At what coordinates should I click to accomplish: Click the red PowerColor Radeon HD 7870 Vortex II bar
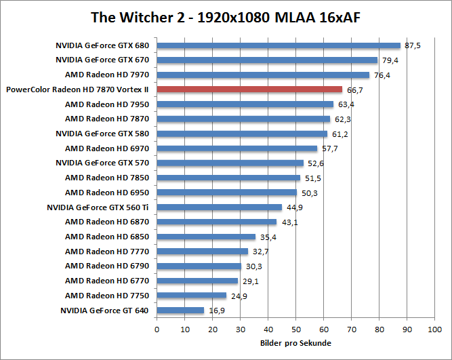(x=249, y=89)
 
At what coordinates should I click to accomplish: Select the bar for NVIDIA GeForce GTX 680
(x=279, y=46)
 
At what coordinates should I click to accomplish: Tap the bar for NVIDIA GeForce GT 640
(x=180, y=311)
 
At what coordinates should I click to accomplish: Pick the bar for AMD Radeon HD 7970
(x=263, y=75)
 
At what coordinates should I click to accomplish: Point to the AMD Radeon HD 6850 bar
(x=206, y=237)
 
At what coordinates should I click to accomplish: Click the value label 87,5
(x=412, y=46)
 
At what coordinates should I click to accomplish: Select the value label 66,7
(x=354, y=89)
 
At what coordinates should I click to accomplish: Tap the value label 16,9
(x=216, y=311)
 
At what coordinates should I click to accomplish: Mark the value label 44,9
(x=294, y=207)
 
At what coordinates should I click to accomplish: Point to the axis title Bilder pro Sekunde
(x=295, y=343)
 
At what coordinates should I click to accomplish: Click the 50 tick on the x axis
(x=295, y=329)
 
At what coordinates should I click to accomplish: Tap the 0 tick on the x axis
(x=157, y=329)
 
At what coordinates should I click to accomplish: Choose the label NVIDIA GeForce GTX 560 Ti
(x=98, y=207)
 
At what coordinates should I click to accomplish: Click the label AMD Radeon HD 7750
(x=107, y=296)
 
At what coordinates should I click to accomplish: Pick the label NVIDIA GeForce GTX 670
(x=102, y=60)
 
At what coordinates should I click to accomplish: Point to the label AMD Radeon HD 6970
(x=107, y=148)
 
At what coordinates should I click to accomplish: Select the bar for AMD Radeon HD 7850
(x=228, y=178)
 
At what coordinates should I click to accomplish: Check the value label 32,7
(x=260, y=252)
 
